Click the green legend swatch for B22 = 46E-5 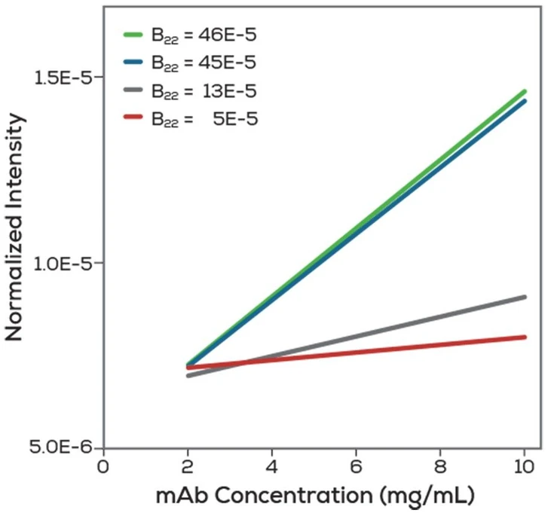[133, 35]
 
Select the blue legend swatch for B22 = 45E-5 [133, 63]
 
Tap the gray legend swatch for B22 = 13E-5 [133, 91]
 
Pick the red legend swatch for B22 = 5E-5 [133, 118]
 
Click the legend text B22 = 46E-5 [204, 35]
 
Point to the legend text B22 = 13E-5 [204, 92]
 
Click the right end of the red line [524, 337]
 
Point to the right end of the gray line [524, 297]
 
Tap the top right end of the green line [524, 92]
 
